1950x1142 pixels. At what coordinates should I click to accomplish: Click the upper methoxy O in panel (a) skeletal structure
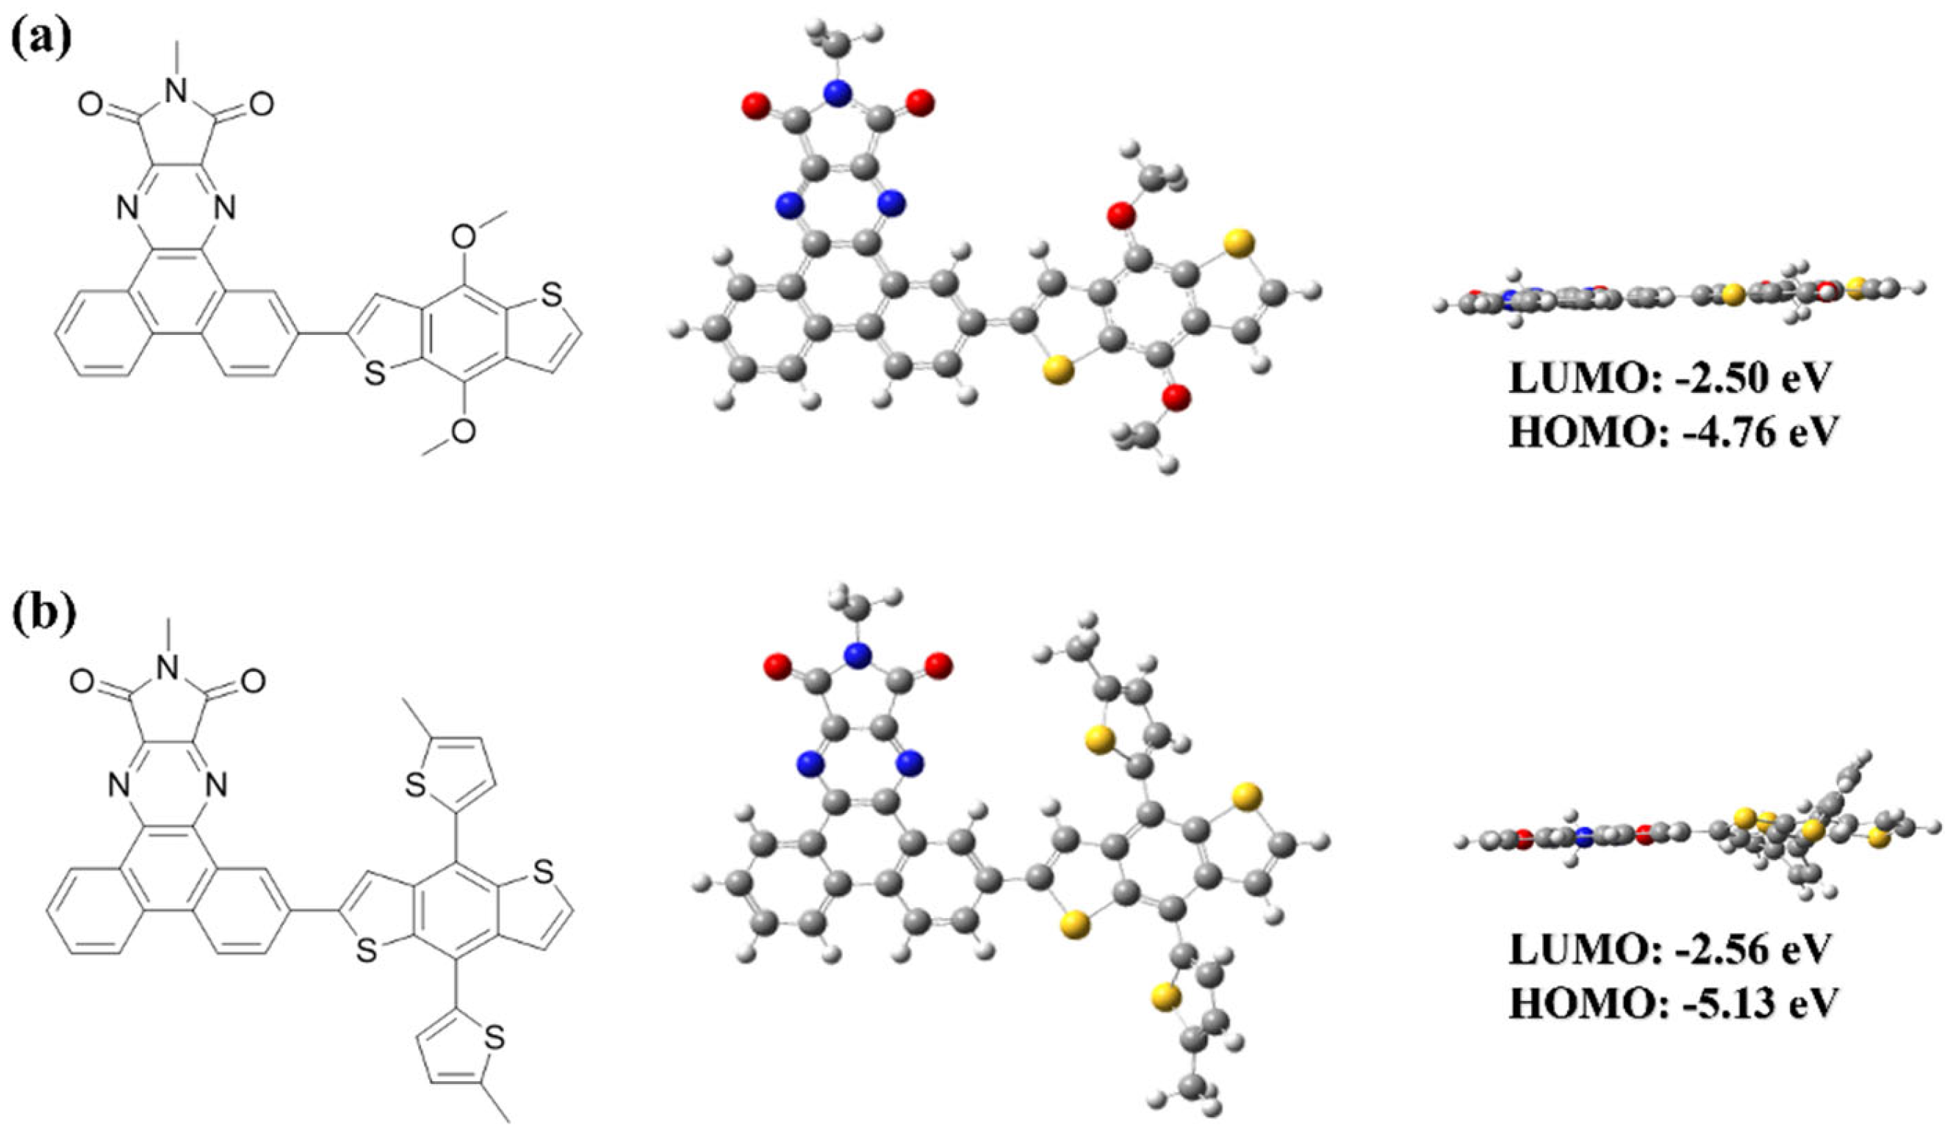pos(464,238)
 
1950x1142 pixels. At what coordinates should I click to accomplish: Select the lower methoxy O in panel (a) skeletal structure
pos(463,432)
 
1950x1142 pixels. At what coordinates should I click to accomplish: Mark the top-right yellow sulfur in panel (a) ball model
pos(1239,242)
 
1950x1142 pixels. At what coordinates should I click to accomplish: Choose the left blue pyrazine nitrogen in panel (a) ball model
pos(788,204)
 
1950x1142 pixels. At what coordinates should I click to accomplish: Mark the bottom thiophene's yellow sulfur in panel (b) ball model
pos(1165,1020)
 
